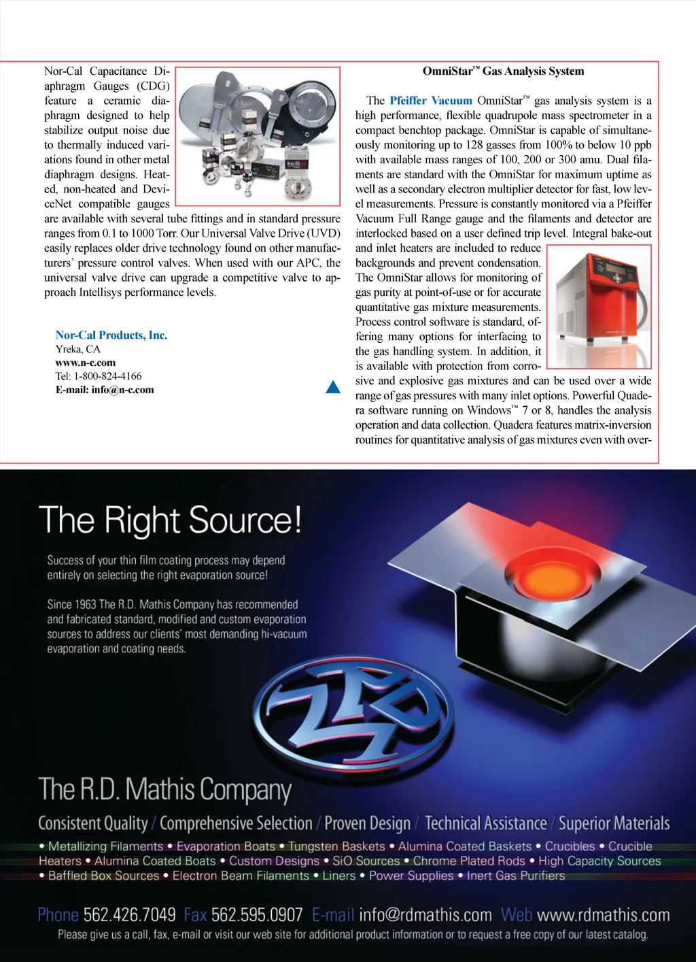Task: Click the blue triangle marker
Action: pyautogui.click(x=333, y=387)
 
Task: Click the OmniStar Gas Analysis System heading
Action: pyautogui.click(x=503, y=71)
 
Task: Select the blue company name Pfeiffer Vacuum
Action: pyautogui.click(x=430, y=101)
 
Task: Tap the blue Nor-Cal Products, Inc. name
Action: pyautogui.click(x=111, y=335)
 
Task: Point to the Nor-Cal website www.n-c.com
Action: pyautogui.click(x=86, y=363)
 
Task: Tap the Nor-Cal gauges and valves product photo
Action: pyautogui.click(x=258, y=136)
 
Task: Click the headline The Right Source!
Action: pyautogui.click(x=170, y=520)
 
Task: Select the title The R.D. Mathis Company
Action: pyautogui.click(x=165, y=790)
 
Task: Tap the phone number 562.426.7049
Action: pyautogui.click(x=129, y=915)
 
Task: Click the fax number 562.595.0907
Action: pyautogui.click(x=256, y=915)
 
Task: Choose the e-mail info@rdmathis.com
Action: pyautogui.click(x=425, y=915)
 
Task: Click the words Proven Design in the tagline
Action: pyautogui.click(x=367, y=824)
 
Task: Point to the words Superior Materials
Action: pyautogui.click(x=614, y=824)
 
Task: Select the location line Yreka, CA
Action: pyautogui.click(x=77, y=349)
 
